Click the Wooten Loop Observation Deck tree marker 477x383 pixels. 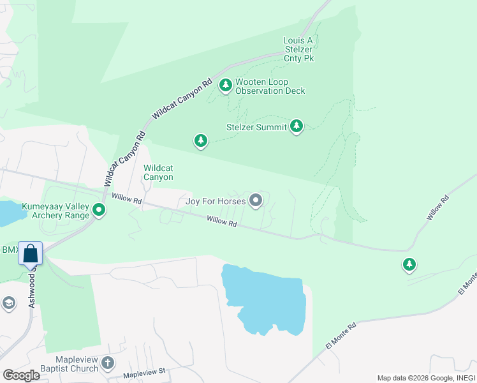(225, 86)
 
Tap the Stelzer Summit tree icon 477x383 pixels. (296, 126)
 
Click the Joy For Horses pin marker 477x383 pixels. (256, 202)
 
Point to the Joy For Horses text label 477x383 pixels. (216, 202)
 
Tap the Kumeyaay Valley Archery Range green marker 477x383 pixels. (99, 209)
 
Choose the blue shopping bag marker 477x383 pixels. (31, 253)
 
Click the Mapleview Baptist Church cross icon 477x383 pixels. (108, 363)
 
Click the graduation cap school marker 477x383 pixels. (8, 303)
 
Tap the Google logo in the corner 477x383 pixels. (21, 375)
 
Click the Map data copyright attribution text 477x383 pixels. (426, 378)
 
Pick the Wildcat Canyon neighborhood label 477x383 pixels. (158, 172)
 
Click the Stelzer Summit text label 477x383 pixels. (256, 127)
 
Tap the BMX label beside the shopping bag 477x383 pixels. (10, 250)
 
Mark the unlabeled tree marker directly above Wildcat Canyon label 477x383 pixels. (201, 140)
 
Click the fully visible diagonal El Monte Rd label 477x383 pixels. (342, 334)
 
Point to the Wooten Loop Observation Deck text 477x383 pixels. (270, 86)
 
